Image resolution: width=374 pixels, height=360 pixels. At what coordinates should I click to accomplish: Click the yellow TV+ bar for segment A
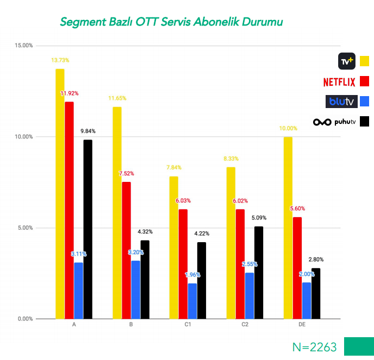tap(60, 194)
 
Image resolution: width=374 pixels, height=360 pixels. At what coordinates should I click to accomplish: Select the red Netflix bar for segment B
tap(126, 250)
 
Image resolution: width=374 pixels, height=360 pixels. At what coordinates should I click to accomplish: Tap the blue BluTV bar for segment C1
tap(192, 301)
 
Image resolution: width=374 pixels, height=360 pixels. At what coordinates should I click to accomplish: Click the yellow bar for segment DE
tap(288, 228)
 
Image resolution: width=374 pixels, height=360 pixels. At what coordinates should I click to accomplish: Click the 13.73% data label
tap(60, 60)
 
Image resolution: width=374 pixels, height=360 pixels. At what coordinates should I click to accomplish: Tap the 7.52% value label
tap(126, 174)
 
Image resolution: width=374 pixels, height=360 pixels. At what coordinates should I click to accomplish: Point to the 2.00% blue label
tap(307, 274)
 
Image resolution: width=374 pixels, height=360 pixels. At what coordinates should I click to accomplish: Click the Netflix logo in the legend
tap(339, 82)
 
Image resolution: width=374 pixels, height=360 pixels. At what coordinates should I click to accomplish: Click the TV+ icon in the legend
tap(346, 61)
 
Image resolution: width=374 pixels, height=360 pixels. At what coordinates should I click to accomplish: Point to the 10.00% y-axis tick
tap(23, 137)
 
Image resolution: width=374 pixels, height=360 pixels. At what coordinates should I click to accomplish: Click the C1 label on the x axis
tap(188, 324)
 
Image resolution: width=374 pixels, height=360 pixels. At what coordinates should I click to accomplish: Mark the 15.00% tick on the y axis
tap(23, 46)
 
